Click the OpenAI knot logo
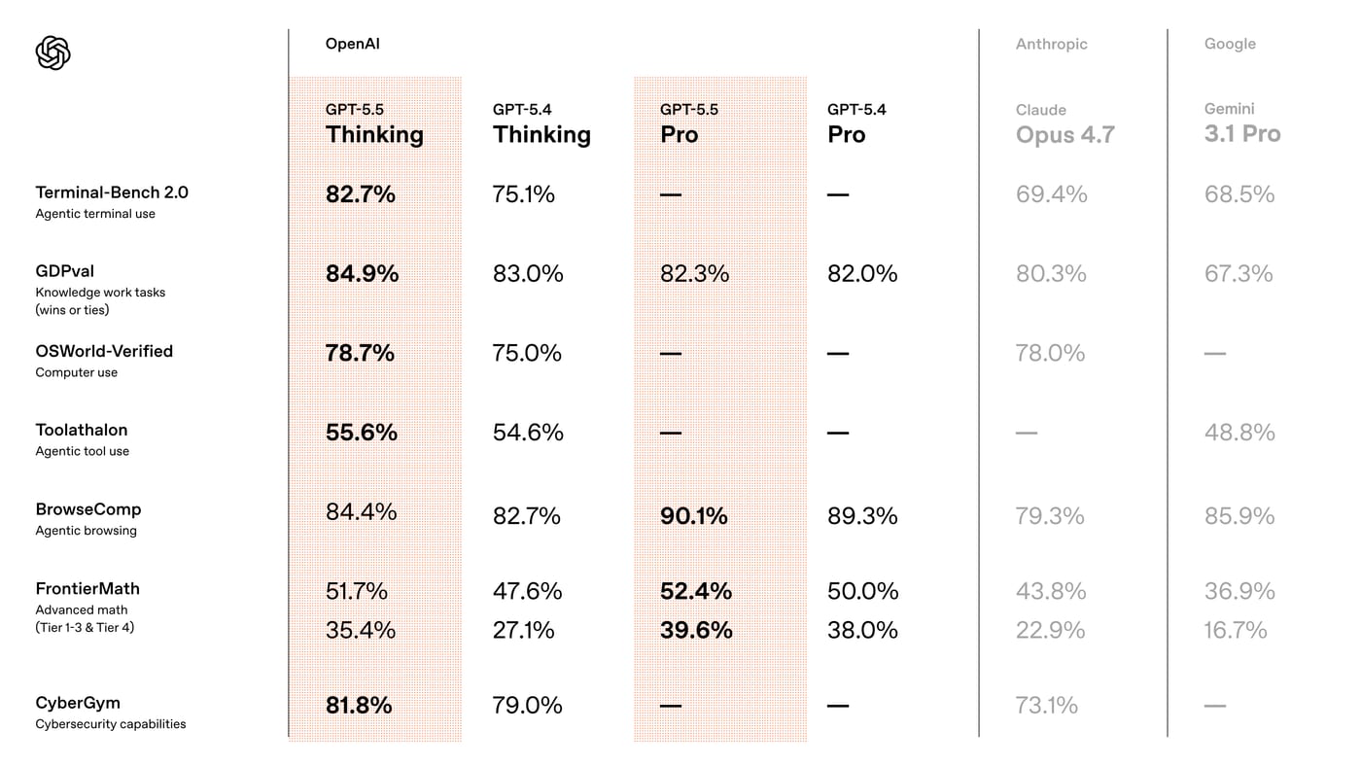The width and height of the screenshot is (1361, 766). tap(52, 52)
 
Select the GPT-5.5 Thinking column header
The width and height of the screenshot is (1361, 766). tap(374, 124)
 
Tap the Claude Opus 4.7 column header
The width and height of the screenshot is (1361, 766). tap(1065, 125)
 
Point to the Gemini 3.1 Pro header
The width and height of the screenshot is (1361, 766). tap(1242, 123)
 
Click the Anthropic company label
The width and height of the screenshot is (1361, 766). tap(1051, 44)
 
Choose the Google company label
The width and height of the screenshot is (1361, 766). tap(1230, 44)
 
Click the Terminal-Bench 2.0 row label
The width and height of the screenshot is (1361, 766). tap(112, 192)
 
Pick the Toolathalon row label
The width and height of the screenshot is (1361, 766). tap(82, 430)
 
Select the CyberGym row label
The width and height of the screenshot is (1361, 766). tap(78, 704)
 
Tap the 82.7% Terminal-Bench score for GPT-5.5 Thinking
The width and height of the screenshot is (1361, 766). tap(361, 194)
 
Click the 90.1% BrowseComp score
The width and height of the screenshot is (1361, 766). tap(694, 516)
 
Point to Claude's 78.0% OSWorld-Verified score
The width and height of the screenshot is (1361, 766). tap(1050, 353)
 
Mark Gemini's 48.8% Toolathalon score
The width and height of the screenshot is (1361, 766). tap(1239, 433)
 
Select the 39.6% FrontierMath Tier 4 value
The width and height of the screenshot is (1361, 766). tap(696, 630)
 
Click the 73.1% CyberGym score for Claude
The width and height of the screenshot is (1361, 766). tap(1046, 706)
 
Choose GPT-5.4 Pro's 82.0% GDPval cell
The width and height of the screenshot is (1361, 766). tap(862, 274)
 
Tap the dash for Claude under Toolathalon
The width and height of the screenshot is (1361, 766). tap(1027, 434)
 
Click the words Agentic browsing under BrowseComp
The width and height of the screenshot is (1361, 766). tap(86, 531)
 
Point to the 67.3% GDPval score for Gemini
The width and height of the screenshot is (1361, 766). tap(1239, 274)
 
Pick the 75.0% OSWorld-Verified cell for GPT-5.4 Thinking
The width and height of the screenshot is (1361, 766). tap(527, 353)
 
